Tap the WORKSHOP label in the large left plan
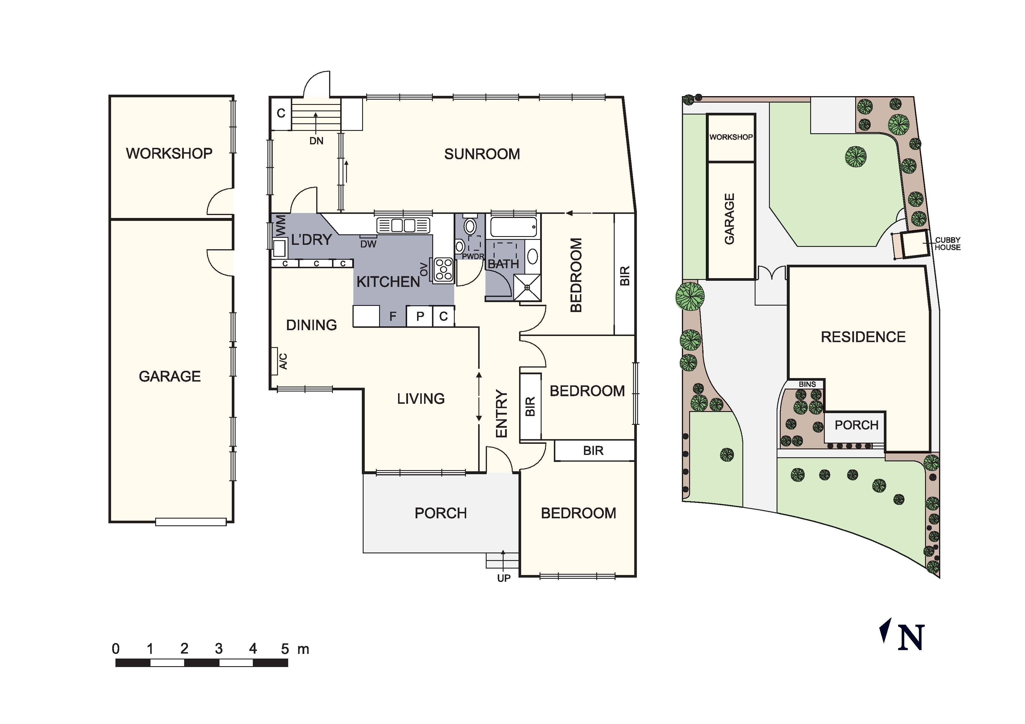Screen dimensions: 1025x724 tap(169, 154)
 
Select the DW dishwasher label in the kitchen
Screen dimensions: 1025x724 tap(368, 244)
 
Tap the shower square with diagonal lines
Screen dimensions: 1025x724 tap(527, 287)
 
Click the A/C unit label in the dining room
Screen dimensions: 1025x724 tap(283, 361)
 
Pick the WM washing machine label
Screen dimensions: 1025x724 tap(280, 226)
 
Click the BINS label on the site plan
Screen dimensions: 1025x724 tap(807, 384)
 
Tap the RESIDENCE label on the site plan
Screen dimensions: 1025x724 tap(863, 337)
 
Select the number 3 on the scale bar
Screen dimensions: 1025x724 tap(218, 649)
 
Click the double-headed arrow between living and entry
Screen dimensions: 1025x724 tap(479, 397)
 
